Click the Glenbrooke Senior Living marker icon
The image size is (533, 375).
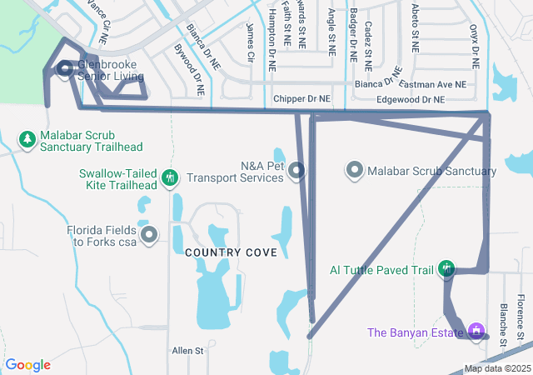[x=64, y=70]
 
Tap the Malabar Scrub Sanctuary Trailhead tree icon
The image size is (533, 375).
[x=27, y=137]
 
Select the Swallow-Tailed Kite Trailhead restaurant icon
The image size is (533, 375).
[x=170, y=177]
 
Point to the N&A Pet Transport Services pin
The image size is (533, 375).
[x=298, y=171]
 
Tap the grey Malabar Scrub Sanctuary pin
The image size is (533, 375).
[x=355, y=171]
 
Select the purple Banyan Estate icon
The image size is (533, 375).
[x=476, y=332]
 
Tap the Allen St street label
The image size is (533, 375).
[x=187, y=351]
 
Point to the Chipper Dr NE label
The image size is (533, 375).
[x=301, y=98]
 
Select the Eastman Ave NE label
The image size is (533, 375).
[x=432, y=85]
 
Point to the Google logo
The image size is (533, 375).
[x=27, y=365]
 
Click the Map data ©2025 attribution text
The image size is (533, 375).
[x=496, y=368]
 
